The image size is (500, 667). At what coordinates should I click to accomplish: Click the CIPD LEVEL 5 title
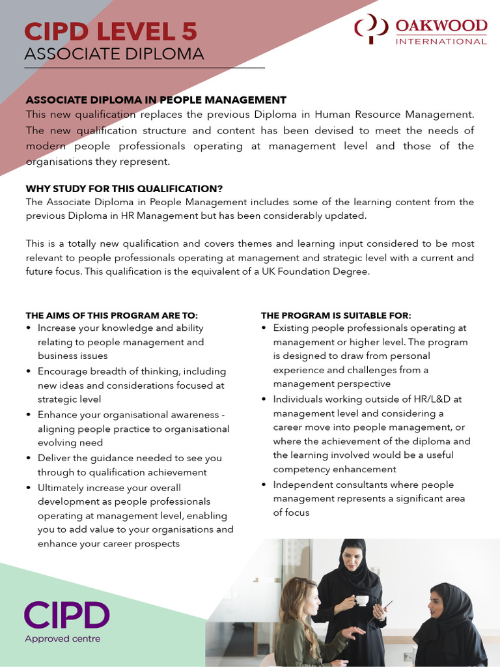[x=110, y=31]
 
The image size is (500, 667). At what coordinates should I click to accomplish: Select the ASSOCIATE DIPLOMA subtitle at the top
[x=114, y=54]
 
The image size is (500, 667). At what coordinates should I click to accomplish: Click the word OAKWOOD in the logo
[x=441, y=26]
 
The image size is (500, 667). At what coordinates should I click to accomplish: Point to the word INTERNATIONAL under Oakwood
[x=441, y=42]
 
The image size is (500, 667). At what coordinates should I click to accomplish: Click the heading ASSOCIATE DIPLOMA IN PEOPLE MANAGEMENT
[x=156, y=100]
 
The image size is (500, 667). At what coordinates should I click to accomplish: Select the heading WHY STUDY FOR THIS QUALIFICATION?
[x=124, y=188]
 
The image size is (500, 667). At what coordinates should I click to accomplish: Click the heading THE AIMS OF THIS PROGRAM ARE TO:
[x=111, y=315]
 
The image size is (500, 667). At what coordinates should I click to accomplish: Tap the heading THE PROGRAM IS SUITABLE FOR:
[x=336, y=315]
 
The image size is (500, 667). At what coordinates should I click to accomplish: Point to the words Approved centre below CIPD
[x=62, y=639]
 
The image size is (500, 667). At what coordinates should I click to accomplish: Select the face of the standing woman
[x=352, y=558]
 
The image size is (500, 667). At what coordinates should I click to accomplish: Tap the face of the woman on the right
[x=437, y=604]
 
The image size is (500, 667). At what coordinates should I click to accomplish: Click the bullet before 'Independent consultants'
[x=264, y=485]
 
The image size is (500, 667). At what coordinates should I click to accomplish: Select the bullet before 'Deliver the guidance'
[x=28, y=458]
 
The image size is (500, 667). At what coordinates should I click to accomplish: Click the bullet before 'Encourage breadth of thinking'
[x=28, y=371]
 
